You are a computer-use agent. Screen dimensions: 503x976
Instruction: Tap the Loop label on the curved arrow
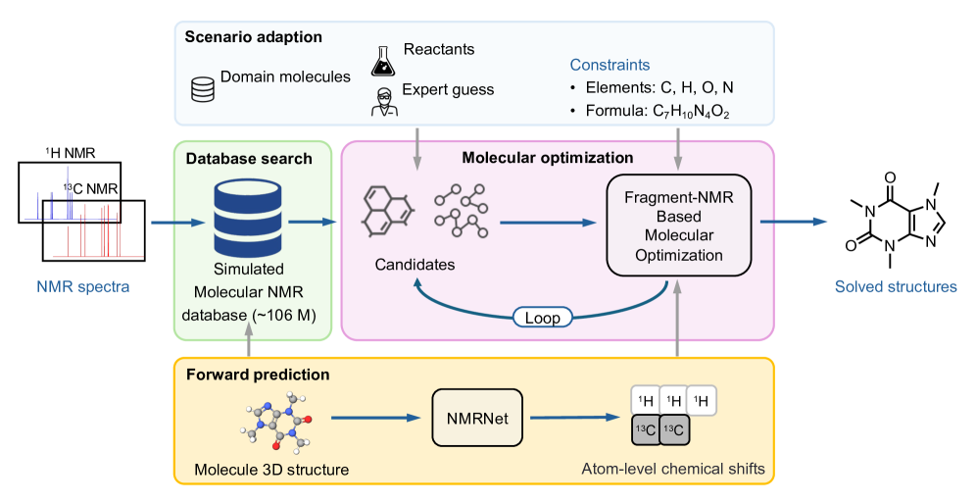[543, 317]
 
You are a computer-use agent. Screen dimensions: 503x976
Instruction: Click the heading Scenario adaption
[253, 37]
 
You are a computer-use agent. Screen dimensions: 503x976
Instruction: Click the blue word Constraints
[610, 65]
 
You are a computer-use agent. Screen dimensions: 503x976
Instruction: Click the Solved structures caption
[895, 287]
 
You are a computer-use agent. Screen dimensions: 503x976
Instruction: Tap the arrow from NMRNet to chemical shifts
[577, 418]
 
